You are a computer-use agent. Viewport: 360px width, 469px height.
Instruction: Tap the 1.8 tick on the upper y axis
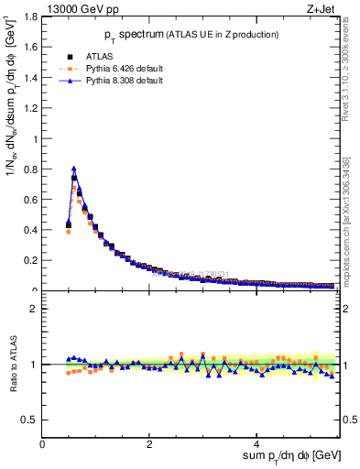[x=29, y=16]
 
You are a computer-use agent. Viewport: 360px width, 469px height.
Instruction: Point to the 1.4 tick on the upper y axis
[x=29, y=78]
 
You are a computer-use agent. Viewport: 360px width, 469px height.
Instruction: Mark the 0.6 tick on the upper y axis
[x=29, y=200]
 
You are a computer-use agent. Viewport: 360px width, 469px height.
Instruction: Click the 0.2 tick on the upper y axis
[x=29, y=260]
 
